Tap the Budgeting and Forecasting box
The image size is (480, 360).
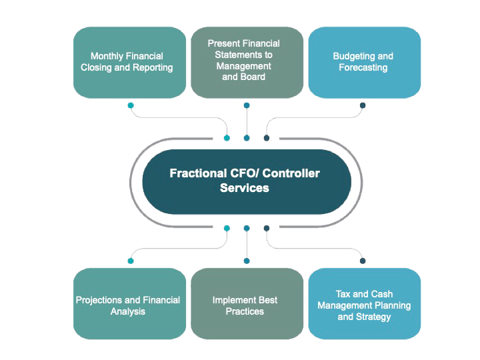click(364, 62)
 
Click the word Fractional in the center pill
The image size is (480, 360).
click(197, 173)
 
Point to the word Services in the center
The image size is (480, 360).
click(245, 188)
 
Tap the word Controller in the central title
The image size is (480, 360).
click(291, 173)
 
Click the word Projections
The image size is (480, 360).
click(100, 300)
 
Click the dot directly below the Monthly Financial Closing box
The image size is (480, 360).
click(131, 105)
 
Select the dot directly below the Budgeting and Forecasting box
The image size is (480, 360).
click(363, 105)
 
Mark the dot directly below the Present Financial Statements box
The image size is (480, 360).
click(247, 105)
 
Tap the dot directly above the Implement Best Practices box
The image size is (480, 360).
click(247, 261)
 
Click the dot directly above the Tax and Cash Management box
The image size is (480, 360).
click(363, 261)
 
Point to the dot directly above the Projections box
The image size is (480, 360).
click(131, 261)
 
